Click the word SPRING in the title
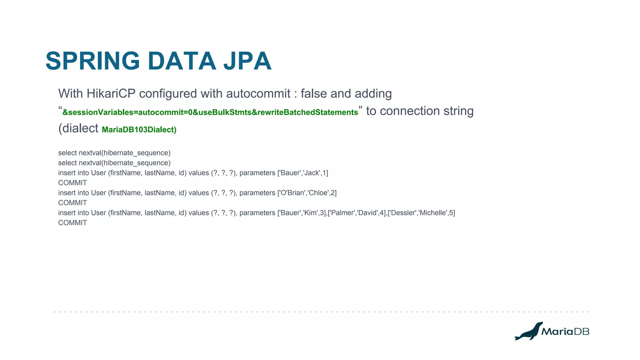coord(93,61)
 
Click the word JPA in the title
coord(247,61)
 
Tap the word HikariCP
coord(111,94)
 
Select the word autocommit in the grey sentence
coord(258,94)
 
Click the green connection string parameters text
coord(210,112)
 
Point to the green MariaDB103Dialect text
coord(139,130)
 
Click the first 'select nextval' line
coord(114,153)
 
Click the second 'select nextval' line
coord(114,163)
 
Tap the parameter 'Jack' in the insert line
coord(312,173)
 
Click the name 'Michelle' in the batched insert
coord(432,213)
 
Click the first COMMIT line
coord(72,183)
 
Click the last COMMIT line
coord(72,223)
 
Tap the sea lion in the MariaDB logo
coord(528,332)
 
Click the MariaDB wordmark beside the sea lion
coord(565,332)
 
